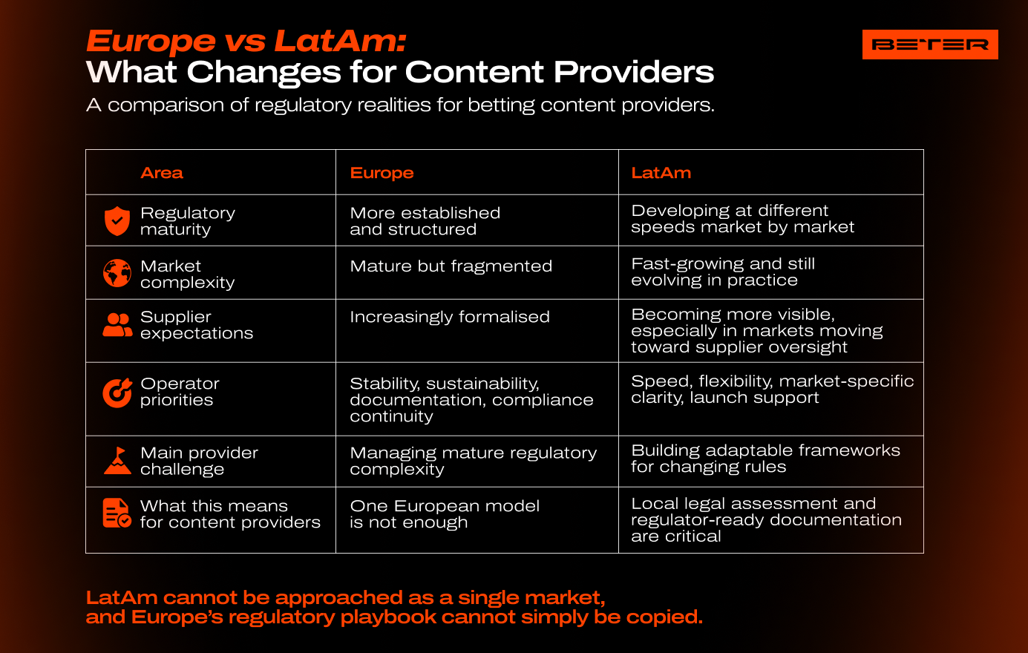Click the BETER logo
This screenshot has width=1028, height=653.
tap(930, 45)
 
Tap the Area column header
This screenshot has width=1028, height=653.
tap(162, 173)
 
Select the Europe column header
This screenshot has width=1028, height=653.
tap(382, 173)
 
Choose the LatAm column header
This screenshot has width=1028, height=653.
tap(661, 173)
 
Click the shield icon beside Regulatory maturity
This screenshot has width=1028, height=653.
tap(117, 220)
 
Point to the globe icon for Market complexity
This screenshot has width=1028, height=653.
tap(117, 273)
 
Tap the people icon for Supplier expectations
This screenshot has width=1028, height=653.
tap(117, 325)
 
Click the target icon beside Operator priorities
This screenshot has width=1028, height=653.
tap(117, 393)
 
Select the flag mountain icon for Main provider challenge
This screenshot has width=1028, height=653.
tap(117, 460)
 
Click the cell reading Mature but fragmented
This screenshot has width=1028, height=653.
tap(451, 266)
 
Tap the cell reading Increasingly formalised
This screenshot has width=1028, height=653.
tap(450, 317)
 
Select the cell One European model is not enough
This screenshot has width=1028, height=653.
tap(445, 514)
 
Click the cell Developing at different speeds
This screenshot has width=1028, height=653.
tap(742, 218)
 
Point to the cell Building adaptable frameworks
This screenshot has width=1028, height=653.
tap(765, 459)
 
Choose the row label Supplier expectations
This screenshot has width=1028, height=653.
tap(197, 325)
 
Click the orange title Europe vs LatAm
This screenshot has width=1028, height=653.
tap(246, 41)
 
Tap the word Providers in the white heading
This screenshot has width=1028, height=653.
tap(634, 72)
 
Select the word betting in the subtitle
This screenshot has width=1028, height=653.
tap(501, 105)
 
